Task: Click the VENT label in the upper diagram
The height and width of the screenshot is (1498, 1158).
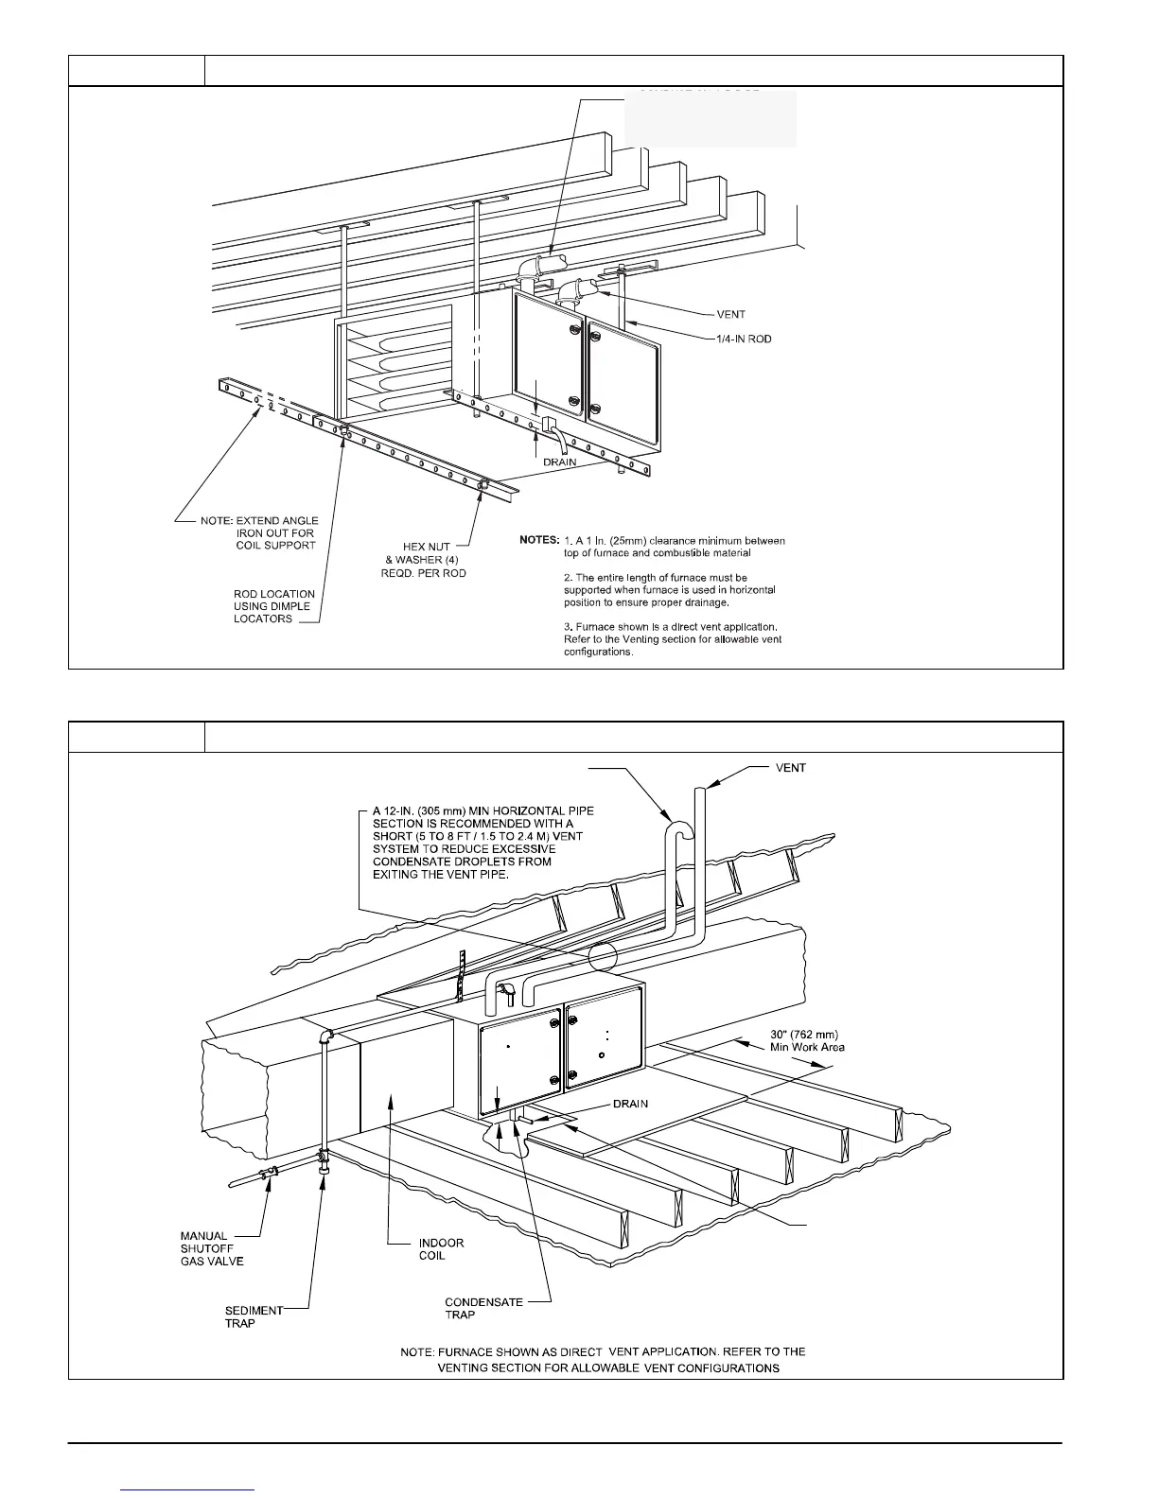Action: pos(730,315)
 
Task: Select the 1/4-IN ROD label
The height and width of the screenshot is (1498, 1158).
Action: pos(744,339)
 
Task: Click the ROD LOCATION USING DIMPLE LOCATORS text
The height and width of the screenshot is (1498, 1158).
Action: pos(274,606)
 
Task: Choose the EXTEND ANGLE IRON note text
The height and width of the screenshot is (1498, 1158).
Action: pos(259,532)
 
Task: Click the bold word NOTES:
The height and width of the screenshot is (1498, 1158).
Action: pos(539,540)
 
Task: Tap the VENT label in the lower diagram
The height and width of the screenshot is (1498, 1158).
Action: pos(790,768)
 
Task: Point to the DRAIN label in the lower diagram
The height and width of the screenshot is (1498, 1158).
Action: pos(630,1104)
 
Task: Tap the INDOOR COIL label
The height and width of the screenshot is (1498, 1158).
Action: pos(441,1248)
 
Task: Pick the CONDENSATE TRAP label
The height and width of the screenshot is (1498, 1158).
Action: pos(483,1308)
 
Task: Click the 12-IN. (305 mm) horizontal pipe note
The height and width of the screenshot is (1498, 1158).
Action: pos(478,842)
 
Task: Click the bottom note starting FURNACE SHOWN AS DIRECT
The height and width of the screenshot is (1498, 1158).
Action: pos(604,1360)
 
